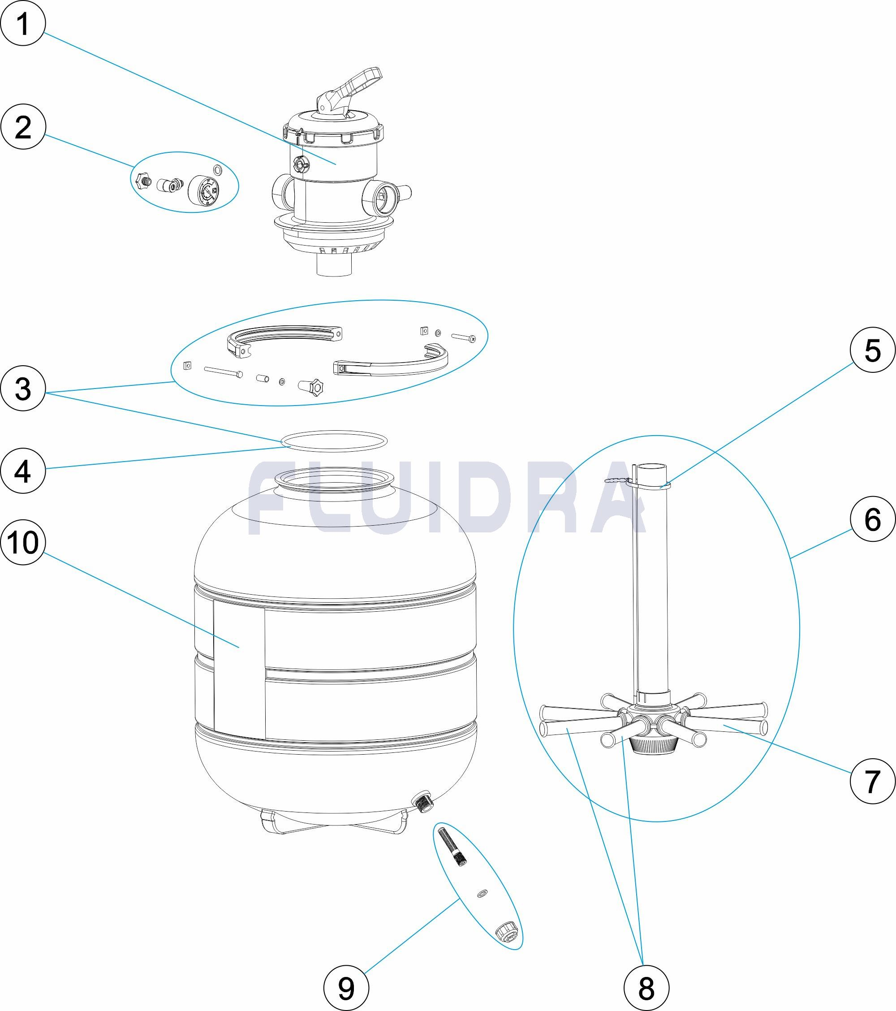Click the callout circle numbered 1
(x=23, y=23)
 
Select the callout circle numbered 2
(x=23, y=128)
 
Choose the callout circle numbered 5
(x=872, y=350)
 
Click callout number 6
(x=872, y=519)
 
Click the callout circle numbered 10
(x=23, y=543)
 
